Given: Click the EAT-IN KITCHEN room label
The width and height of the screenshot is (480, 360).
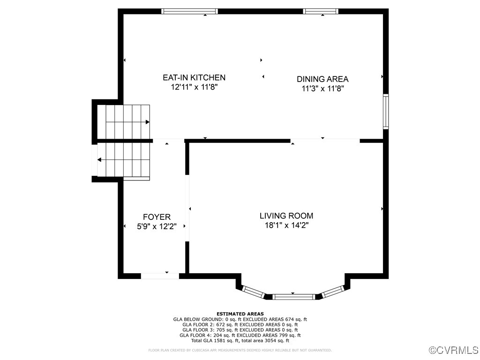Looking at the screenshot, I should point(194,77).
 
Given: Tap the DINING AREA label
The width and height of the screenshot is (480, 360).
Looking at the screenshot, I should point(322,79).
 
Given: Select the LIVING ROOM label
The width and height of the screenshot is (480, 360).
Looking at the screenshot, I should point(286,216).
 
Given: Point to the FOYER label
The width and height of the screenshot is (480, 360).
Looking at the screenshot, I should point(157,217).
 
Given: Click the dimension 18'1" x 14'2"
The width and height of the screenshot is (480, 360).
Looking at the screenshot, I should point(286,225).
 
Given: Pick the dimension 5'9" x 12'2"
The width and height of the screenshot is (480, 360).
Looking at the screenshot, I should point(157,226).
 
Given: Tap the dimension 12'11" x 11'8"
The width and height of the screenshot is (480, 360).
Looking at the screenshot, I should point(194,87).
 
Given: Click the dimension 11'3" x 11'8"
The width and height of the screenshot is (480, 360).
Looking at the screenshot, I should point(322,88).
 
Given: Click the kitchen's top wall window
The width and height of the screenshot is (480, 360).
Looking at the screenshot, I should point(189,11).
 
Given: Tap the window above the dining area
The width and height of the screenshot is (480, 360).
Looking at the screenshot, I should point(321,11).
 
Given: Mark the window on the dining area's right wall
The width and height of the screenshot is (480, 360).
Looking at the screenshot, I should point(386,112).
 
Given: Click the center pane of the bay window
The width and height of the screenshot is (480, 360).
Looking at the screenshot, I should point(294,296).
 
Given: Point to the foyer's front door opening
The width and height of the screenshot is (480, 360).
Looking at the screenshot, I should point(160,276).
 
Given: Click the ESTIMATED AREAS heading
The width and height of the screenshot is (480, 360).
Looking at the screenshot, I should point(240,314).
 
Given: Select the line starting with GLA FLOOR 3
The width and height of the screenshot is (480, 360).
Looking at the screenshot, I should point(240,330).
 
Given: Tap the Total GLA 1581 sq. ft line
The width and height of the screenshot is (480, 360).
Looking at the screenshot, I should point(240,340).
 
